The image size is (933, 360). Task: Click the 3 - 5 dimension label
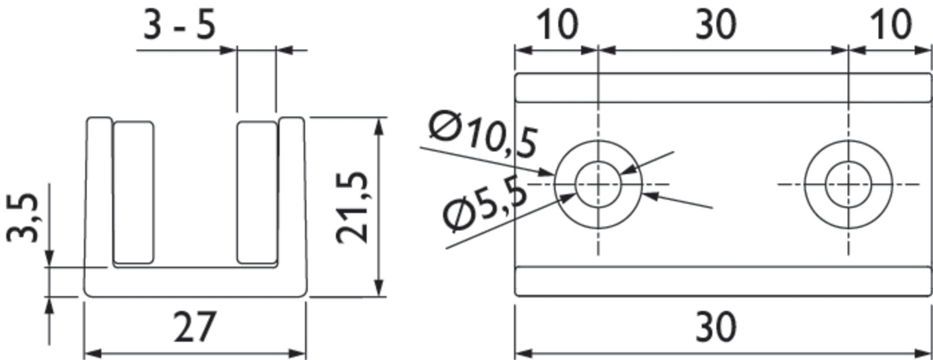pos(179,25)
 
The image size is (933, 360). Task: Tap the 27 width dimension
pos(194,327)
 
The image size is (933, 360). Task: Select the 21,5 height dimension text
pos(352,207)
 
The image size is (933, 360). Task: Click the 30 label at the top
pos(716,25)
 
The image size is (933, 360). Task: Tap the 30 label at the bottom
pos(716,327)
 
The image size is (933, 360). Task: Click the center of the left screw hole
pos(598,184)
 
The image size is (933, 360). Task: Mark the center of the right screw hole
pos(848,184)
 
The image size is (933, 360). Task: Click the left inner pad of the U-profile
pos(133,192)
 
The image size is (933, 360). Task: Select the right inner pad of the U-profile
pos(257,192)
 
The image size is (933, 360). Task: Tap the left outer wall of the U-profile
pos(99,193)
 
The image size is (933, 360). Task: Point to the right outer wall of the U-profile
pos(292,193)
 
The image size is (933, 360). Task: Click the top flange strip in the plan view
pos(723,87)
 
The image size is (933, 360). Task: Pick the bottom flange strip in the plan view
pos(723,282)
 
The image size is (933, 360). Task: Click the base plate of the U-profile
pos(195,282)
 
